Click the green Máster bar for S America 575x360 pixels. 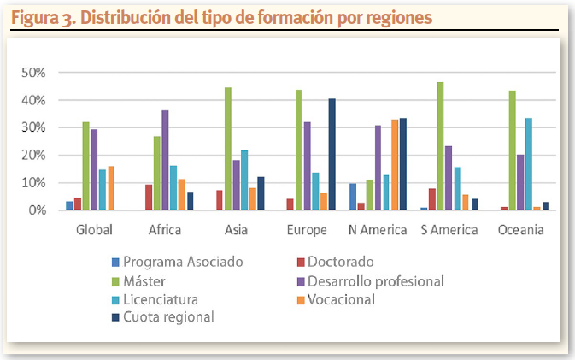point(441,146)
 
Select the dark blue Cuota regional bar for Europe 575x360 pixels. point(332,154)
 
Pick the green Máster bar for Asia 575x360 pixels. point(228,149)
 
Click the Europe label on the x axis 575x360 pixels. point(308,229)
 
